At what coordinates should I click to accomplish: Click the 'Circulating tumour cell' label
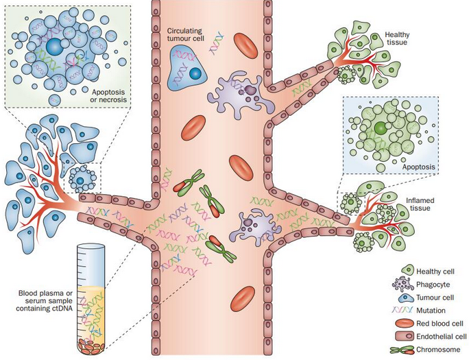[x=185, y=35]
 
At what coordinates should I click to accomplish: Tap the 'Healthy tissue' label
[x=397, y=38]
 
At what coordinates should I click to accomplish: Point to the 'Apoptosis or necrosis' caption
[x=108, y=96]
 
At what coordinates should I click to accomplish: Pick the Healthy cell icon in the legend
[x=404, y=271]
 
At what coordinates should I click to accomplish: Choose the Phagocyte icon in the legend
[x=402, y=284]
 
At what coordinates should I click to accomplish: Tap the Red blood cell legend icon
[x=405, y=324]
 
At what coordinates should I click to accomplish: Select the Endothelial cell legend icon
[x=405, y=337]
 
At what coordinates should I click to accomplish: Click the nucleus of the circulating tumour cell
[x=195, y=73]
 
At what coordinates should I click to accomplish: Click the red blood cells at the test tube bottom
[x=92, y=346]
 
